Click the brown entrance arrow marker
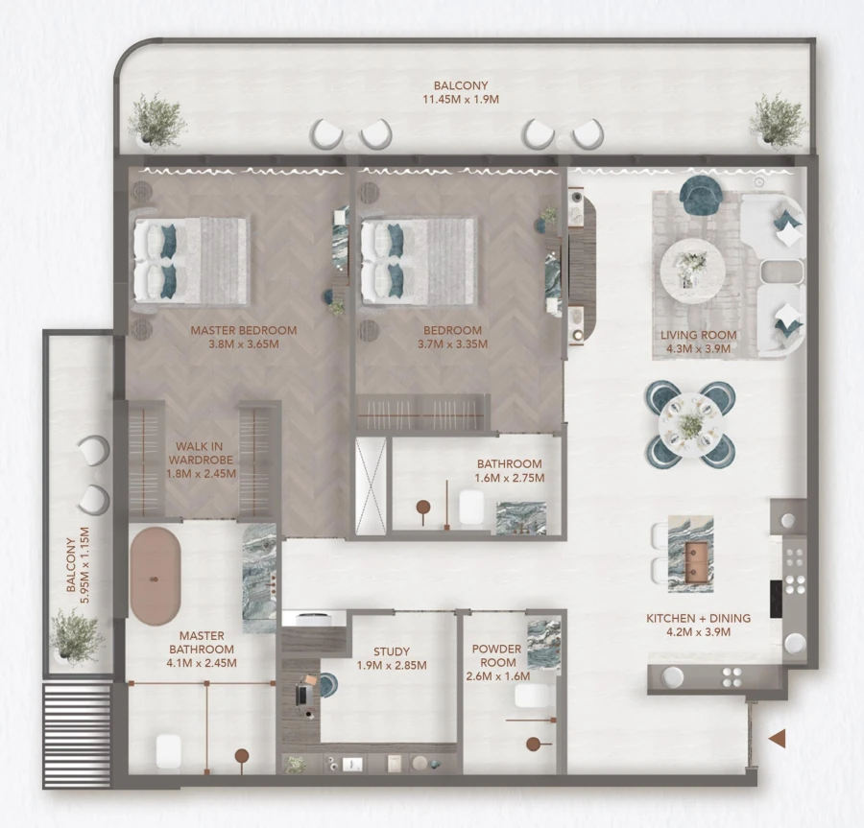click(778, 738)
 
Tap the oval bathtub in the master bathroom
click(156, 574)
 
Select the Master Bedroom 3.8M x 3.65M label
click(243, 337)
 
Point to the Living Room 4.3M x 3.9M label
click(699, 343)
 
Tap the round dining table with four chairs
click(690, 423)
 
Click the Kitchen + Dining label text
click(698, 625)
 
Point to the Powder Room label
click(496, 662)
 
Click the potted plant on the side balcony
click(75, 634)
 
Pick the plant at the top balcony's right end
click(778, 121)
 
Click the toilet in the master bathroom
click(169, 749)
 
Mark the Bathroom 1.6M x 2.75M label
click(510, 470)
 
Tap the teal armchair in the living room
click(704, 195)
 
